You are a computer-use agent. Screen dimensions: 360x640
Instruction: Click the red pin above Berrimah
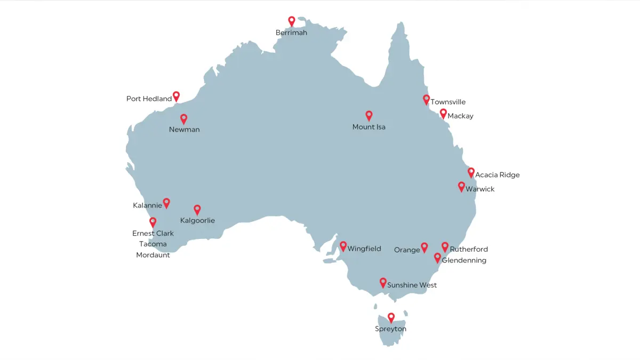point(291,21)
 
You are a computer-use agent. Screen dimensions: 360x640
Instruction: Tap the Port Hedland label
point(149,99)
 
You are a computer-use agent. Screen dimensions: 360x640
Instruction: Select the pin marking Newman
point(183,118)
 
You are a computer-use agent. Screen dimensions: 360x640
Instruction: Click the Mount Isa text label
point(369,127)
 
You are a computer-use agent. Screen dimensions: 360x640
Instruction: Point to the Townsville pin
point(426,99)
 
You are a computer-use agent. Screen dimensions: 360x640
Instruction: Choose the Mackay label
point(460,116)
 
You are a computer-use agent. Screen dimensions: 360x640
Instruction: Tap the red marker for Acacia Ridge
point(471,172)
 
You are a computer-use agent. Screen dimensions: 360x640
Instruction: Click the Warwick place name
point(480,189)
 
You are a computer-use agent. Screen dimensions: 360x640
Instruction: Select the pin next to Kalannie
point(166,203)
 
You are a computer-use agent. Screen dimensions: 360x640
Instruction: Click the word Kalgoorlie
point(197,220)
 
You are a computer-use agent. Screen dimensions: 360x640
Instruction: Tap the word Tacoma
point(153,244)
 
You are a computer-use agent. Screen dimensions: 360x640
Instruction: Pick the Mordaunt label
point(153,255)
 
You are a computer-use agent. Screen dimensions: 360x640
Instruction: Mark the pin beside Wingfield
point(343,246)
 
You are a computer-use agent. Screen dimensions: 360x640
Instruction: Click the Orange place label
point(407,250)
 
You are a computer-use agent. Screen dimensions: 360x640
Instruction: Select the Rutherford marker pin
point(445,246)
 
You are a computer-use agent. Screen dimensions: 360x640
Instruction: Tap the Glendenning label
point(464,260)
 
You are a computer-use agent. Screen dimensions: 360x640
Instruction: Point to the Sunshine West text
point(412,285)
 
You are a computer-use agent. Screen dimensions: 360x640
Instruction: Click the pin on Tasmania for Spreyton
point(391,317)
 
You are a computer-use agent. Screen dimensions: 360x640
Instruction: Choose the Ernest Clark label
point(153,233)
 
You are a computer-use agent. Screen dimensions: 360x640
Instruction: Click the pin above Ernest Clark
point(153,222)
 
